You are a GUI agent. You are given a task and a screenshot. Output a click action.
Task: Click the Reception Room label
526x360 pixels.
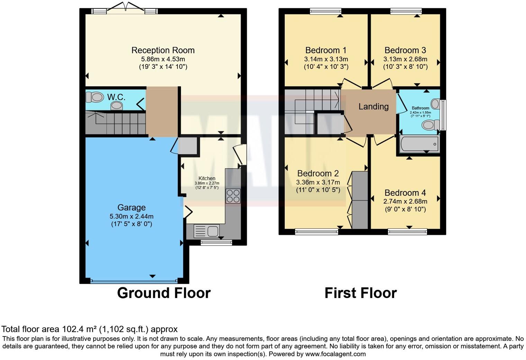click(x=163, y=51)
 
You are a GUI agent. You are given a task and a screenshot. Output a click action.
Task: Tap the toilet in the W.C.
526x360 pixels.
click(x=94, y=97)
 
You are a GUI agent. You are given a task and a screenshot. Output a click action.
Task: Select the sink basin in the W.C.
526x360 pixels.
click(x=117, y=105)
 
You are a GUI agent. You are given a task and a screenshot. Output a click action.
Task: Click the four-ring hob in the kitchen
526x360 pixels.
click(x=233, y=196)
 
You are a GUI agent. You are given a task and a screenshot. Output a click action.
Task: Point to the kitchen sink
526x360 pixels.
click(x=206, y=231)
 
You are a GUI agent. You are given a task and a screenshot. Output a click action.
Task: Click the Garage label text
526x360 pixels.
click(x=131, y=208)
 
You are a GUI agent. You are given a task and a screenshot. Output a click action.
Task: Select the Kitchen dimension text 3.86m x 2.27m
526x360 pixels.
click(x=207, y=183)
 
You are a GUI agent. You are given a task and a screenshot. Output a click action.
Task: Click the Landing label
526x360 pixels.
click(x=373, y=107)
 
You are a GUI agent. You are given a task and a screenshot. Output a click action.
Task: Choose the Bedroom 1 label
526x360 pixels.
click(x=326, y=51)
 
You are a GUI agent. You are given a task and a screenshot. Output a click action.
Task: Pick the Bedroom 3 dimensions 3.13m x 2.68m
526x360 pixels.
click(x=405, y=59)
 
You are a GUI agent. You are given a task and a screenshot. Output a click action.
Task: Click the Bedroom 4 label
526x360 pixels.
click(x=405, y=193)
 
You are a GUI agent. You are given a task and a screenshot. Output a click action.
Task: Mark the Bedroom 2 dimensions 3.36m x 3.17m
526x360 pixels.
click(x=318, y=182)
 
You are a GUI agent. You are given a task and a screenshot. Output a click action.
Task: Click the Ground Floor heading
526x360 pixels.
click(x=164, y=293)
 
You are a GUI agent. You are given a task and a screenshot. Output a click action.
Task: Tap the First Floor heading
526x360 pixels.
click(x=361, y=293)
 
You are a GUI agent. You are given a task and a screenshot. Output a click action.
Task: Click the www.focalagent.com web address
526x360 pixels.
click(x=335, y=354)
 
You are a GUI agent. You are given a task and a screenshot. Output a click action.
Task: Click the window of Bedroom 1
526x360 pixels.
click(x=325, y=11)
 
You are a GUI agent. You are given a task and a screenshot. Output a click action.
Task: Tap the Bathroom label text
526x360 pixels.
click(x=420, y=108)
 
